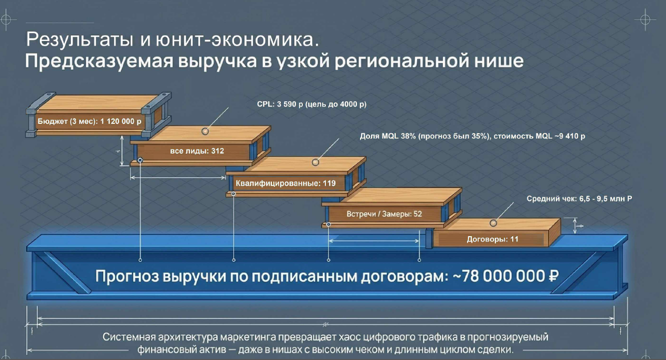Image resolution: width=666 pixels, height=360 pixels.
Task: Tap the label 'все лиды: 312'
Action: click(x=197, y=151)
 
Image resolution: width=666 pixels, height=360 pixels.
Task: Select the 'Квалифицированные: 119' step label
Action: click(x=286, y=184)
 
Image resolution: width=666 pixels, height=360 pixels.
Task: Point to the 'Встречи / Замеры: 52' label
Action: click(x=384, y=214)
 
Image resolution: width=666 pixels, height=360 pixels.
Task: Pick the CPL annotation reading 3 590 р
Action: click(x=311, y=104)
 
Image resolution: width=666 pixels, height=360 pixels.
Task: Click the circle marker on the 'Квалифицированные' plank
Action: click(x=315, y=162)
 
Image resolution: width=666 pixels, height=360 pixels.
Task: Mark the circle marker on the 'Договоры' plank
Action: click(x=494, y=223)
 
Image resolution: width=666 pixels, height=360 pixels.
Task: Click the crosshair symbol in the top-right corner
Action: click(x=646, y=20)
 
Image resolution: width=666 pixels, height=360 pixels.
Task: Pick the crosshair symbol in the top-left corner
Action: click(x=5, y=19)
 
